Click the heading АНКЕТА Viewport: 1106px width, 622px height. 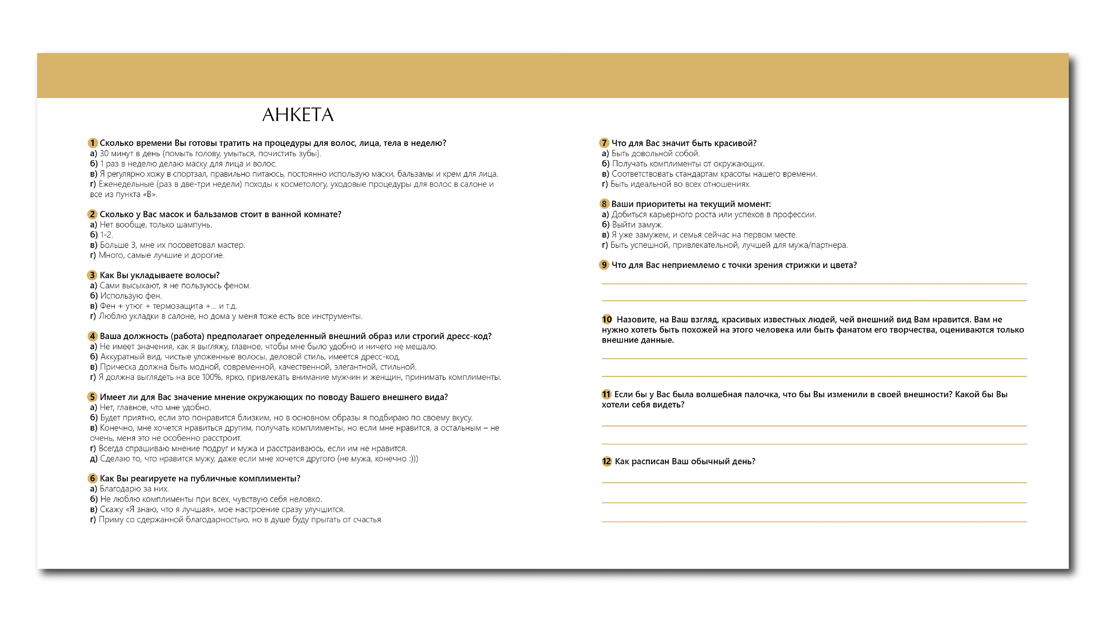coord(298,115)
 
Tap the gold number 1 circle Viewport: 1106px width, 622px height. coord(92,143)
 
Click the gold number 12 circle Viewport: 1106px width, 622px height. coord(606,461)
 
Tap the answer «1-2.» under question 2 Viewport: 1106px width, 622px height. coord(107,235)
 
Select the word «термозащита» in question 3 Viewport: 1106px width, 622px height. coord(178,306)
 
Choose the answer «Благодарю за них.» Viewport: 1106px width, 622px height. coord(134,489)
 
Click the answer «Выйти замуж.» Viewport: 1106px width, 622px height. coord(637,225)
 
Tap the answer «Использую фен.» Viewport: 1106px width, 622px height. coord(131,296)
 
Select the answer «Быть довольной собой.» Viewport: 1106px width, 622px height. coord(655,154)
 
